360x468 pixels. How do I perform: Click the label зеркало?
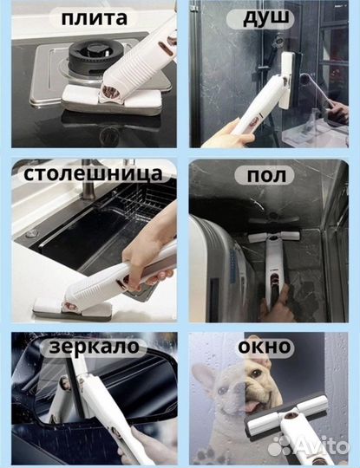tap(95, 347)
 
